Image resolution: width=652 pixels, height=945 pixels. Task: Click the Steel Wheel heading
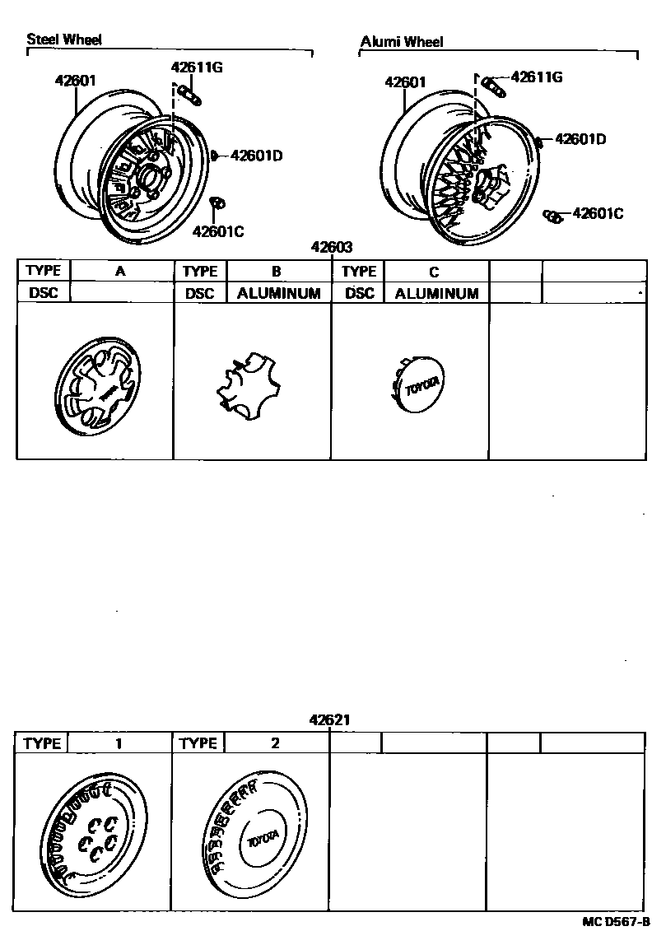[x=64, y=40]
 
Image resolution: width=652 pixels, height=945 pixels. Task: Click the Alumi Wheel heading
[x=402, y=42]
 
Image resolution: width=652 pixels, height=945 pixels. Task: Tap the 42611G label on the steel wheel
[x=197, y=68]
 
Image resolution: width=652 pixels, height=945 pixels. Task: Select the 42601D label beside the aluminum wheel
[x=580, y=139]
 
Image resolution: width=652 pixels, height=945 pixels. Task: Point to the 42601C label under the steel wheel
[x=218, y=230]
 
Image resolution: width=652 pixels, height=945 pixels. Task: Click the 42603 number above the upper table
[x=332, y=247]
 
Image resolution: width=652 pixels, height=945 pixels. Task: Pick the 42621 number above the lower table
[x=330, y=719]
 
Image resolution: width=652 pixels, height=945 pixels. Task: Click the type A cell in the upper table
[x=120, y=271]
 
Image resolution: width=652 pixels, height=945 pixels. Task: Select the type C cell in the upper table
[x=434, y=272]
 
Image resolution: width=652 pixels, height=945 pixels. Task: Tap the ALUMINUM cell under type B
[x=278, y=293]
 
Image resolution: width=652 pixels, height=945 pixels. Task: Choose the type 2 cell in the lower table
[x=275, y=743]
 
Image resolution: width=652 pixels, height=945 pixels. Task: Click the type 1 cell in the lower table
[x=119, y=743]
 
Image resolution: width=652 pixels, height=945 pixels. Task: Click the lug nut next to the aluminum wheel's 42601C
[x=553, y=216]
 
